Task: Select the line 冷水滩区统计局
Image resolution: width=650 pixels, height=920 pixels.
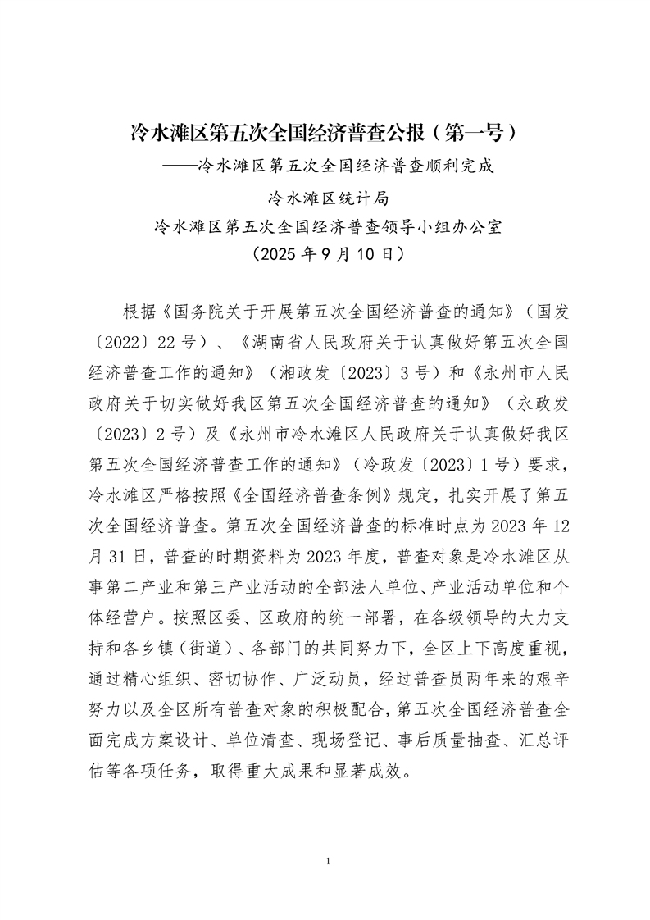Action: tap(326, 197)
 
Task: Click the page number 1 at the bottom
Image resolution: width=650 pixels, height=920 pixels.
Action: tap(326, 861)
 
